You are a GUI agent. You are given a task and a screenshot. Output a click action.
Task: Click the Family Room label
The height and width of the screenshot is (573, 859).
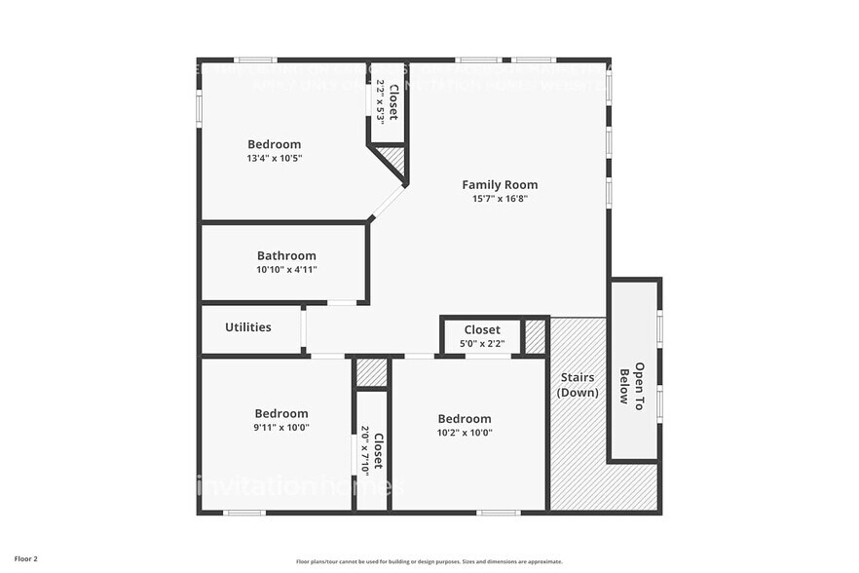(499, 184)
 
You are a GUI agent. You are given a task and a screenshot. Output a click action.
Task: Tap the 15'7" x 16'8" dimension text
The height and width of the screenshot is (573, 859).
(499, 199)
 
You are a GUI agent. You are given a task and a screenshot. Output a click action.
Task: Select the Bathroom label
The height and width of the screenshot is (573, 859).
(286, 255)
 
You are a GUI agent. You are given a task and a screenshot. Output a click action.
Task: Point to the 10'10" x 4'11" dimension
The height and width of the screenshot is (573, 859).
(286, 270)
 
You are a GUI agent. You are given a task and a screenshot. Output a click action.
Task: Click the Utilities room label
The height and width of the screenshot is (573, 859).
(248, 327)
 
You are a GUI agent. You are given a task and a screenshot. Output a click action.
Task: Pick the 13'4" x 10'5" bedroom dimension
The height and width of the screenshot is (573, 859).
(274, 159)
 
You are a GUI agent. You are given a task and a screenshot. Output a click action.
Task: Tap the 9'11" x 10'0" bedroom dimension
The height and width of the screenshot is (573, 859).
(280, 427)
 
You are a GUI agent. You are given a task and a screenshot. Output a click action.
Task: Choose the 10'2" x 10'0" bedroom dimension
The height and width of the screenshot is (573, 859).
(465, 433)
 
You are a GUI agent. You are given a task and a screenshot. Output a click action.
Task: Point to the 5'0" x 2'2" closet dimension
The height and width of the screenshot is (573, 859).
(482, 344)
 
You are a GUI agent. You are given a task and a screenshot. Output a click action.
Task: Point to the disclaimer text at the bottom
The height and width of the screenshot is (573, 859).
(429, 561)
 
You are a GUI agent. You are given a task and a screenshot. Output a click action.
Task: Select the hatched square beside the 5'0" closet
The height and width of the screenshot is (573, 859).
(535, 336)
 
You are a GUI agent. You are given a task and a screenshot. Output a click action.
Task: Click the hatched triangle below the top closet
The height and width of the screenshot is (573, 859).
(393, 158)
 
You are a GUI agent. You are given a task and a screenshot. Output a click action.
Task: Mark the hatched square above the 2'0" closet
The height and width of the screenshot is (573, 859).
(371, 372)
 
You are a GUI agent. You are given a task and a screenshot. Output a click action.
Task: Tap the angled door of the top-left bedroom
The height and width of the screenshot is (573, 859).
(387, 203)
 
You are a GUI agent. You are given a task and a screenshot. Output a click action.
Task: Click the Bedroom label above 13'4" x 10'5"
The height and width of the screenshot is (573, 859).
(274, 144)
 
